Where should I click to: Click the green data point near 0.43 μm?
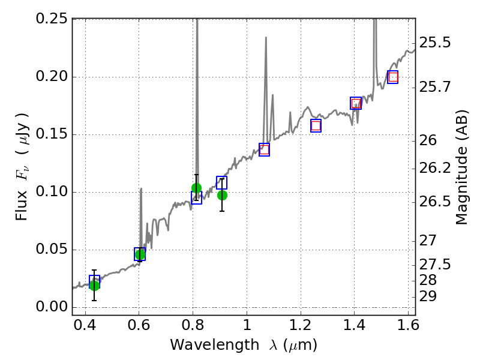click(x=94, y=285)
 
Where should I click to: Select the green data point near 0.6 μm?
click(x=140, y=255)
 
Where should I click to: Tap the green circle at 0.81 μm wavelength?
click(x=196, y=188)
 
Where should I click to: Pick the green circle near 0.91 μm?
click(x=222, y=195)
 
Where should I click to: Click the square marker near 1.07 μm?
click(x=264, y=149)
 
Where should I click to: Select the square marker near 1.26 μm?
click(x=316, y=125)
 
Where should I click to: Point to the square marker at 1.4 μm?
click(x=356, y=103)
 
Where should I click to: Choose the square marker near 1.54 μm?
click(x=393, y=77)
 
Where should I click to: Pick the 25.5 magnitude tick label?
click(x=436, y=43)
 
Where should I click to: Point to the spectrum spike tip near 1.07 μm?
click(x=265, y=37)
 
